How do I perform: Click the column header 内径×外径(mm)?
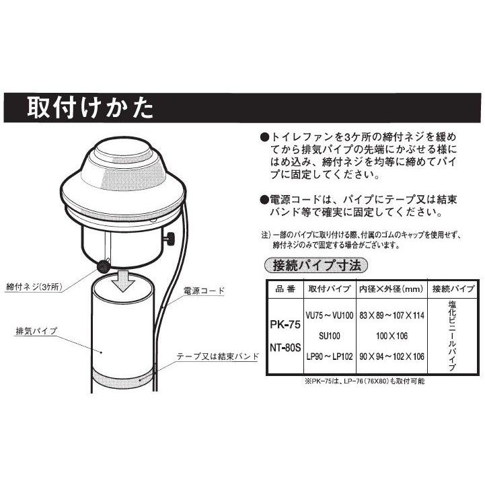[x=391, y=289]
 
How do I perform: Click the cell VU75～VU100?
[x=328, y=315]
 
